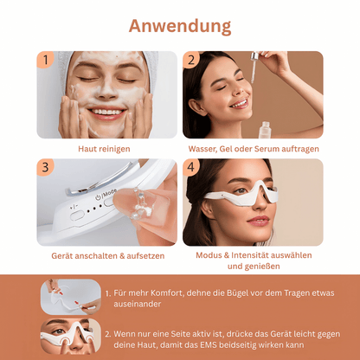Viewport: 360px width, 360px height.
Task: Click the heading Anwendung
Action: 180,25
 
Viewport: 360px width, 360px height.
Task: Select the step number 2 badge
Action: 192,61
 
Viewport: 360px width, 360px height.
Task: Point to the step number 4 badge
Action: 192,168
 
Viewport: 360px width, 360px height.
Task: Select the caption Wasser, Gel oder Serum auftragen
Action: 253,149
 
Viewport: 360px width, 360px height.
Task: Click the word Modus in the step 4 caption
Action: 210,256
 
